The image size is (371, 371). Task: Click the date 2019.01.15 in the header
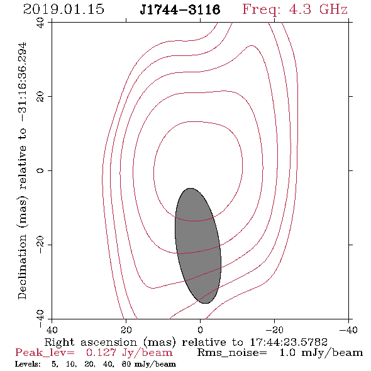(x=64, y=9)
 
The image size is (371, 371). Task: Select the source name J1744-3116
(x=180, y=10)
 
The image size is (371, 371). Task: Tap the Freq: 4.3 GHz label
(x=295, y=9)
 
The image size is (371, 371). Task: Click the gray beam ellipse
(x=198, y=246)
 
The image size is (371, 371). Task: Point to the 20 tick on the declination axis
(x=40, y=97)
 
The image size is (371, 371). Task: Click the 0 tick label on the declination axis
(x=40, y=170)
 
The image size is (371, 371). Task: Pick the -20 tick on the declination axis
(x=40, y=245)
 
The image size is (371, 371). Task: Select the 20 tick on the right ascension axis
(x=126, y=330)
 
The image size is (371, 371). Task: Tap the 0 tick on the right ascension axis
(x=200, y=330)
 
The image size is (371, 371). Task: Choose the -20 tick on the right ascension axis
(x=274, y=330)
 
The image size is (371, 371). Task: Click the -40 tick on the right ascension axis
(x=348, y=330)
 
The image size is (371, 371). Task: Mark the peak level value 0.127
(x=101, y=353)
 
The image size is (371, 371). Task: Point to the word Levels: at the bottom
(x=28, y=364)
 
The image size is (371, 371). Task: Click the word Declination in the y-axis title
(x=22, y=267)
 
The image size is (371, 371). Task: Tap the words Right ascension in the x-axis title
(x=91, y=342)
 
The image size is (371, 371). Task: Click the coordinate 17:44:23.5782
(x=289, y=342)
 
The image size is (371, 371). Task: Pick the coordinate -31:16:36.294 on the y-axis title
(x=22, y=82)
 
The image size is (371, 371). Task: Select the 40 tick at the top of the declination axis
(x=40, y=23)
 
